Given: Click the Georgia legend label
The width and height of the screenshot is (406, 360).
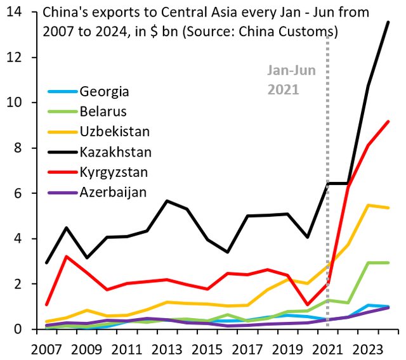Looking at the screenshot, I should click(104, 91).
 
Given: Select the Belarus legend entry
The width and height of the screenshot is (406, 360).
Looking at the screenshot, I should click(103, 112).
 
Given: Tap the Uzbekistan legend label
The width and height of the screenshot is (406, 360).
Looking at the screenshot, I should click(114, 132).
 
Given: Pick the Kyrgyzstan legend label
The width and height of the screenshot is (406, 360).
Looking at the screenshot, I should click(114, 172).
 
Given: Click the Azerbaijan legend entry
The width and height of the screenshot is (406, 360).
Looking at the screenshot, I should click(113, 192).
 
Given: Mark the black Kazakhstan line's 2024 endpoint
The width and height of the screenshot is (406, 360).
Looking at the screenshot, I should click(388, 22).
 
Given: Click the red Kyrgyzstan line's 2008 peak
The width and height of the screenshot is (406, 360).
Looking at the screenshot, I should click(66, 256).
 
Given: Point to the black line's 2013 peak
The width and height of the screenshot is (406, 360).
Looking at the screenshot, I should click(166, 201).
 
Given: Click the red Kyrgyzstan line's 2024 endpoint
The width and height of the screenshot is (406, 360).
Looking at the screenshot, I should click(388, 122).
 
